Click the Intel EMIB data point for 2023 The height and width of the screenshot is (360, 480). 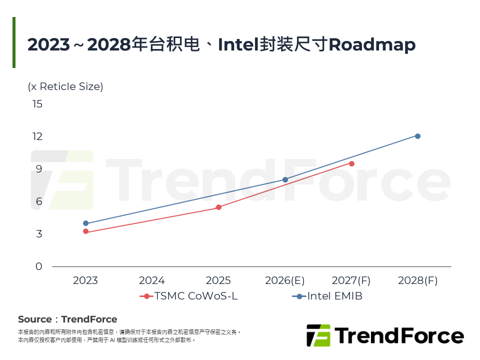[85, 223]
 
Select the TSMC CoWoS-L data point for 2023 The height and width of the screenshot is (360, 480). [85, 231]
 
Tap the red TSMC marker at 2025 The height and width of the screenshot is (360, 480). [218, 207]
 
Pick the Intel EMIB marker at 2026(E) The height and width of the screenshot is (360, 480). [285, 179]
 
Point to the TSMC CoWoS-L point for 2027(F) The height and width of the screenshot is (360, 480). [351, 163]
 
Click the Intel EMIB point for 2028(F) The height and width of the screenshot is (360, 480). [417, 136]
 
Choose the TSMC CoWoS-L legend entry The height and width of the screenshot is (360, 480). [188, 296]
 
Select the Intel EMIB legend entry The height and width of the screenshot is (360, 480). [327, 296]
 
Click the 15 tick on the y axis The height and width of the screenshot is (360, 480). [37, 104]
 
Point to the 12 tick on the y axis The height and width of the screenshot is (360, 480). [37, 136]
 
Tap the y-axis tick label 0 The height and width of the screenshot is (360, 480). [39, 266]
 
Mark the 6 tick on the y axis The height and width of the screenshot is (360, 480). [39, 201]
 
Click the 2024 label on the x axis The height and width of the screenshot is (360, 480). [152, 280]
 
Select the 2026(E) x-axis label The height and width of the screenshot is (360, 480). [285, 280]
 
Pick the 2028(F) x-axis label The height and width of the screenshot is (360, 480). [417, 280]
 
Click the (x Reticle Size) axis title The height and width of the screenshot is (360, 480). [65, 86]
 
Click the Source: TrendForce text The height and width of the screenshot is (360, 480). [67, 319]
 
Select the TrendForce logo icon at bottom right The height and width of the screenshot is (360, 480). [318, 335]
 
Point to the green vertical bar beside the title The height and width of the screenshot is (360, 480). [14, 42]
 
